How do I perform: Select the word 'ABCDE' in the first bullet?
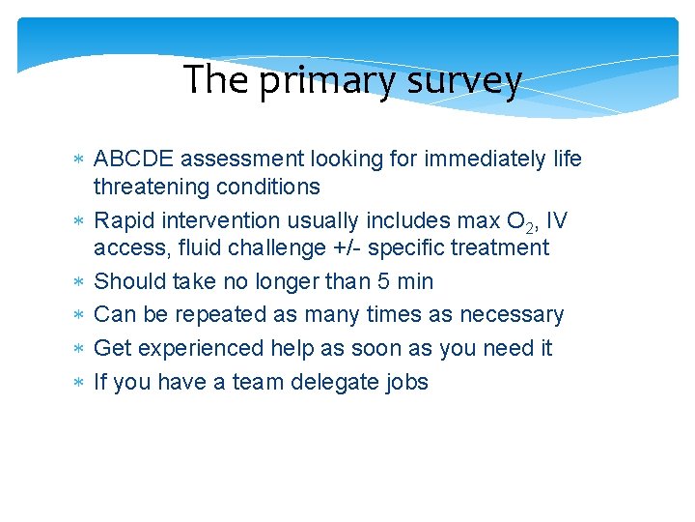[133, 159]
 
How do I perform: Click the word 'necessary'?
[512, 315]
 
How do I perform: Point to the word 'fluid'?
[192, 248]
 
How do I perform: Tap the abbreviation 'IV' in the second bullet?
[556, 221]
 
